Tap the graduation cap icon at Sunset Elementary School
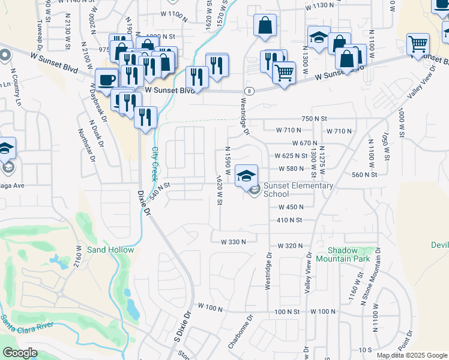click(x=246, y=175)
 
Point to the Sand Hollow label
click(x=110, y=250)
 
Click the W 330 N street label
click(x=235, y=242)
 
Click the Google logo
click(x=20, y=353)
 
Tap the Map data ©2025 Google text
click(x=411, y=355)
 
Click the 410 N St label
click(x=289, y=220)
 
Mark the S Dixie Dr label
click(x=182, y=328)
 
